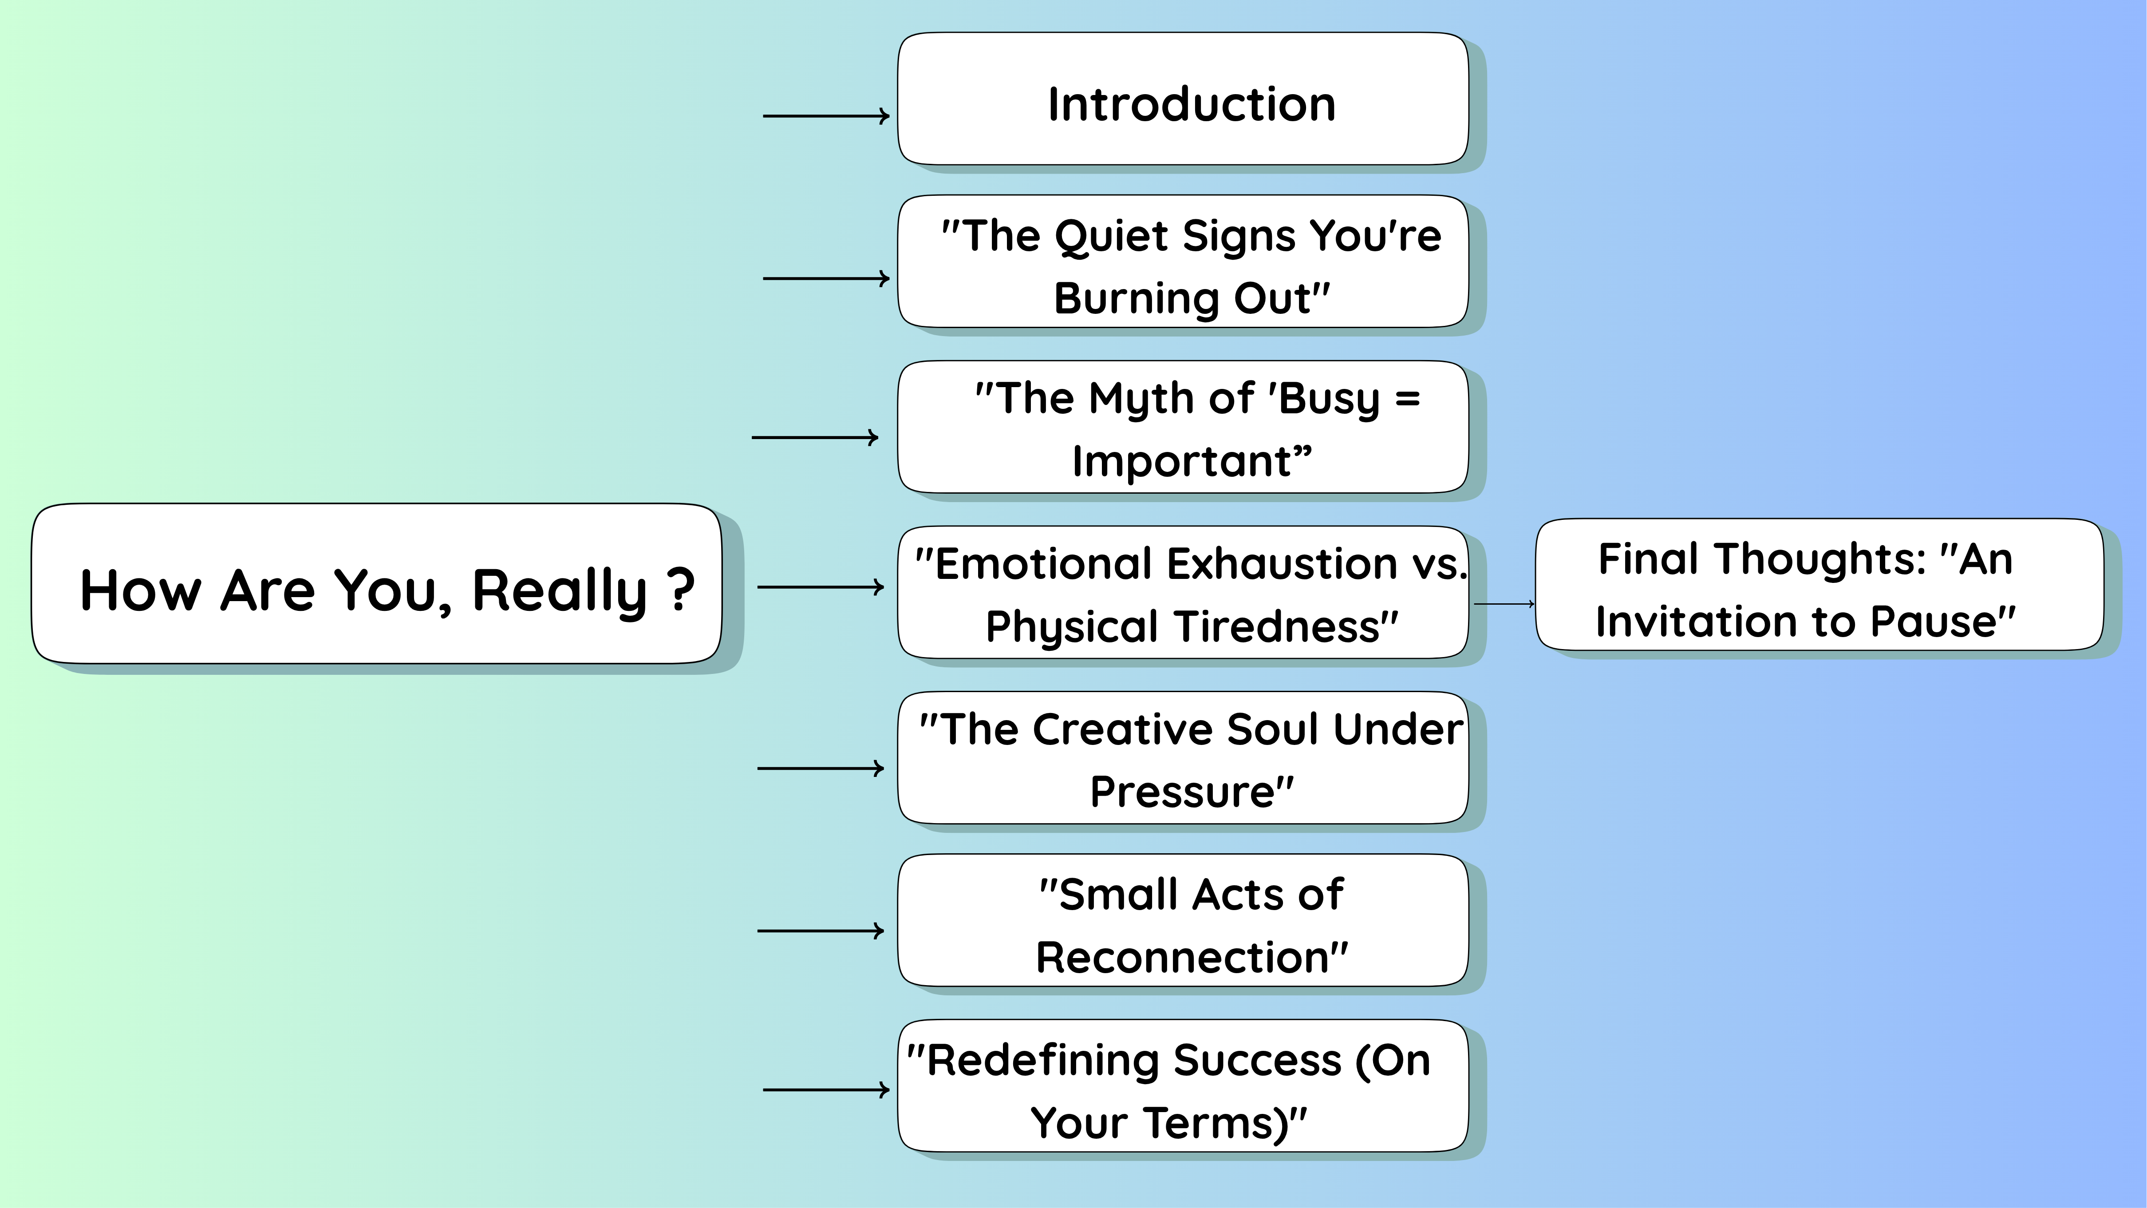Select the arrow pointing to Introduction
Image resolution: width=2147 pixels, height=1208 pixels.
pos(825,116)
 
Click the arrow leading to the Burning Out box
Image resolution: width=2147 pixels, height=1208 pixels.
pos(825,278)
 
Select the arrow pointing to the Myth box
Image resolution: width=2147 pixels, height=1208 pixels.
pos(814,437)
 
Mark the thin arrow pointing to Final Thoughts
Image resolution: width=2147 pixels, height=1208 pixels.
pos(1504,604)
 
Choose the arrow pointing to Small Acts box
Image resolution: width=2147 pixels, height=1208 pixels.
pos(820,931)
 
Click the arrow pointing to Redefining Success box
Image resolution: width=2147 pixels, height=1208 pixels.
pos(825,1089)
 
